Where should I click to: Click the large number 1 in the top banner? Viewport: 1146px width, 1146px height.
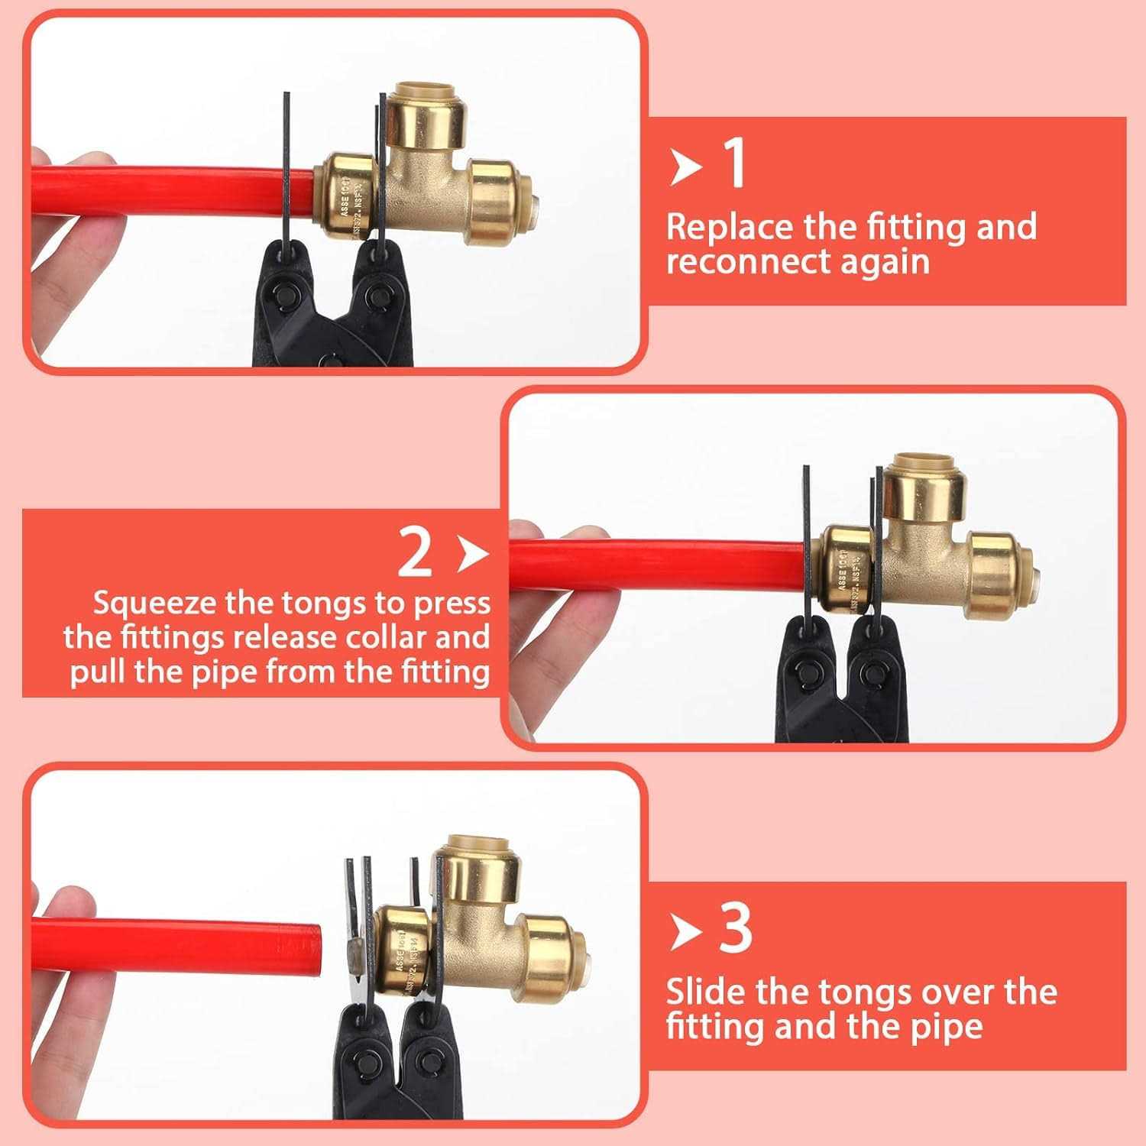coord(733,163)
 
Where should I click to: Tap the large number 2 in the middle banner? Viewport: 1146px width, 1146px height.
coord(415,553)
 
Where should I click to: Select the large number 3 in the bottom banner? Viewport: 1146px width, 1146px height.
coord(735,928)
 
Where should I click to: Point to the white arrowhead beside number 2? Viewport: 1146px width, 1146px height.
coord(471,554)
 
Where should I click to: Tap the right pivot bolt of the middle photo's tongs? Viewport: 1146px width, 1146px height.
coord(871,675)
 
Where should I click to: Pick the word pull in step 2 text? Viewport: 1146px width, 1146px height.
coord(99,672)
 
